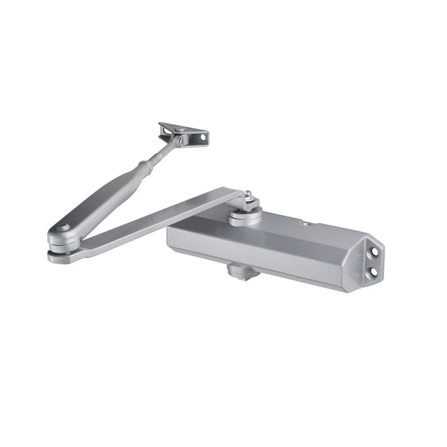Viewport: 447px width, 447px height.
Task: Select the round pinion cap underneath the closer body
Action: tap(244, 270)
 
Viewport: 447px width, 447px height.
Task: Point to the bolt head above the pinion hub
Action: tap(247, 196)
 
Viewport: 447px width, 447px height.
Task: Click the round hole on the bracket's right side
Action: tap(203, 139)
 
